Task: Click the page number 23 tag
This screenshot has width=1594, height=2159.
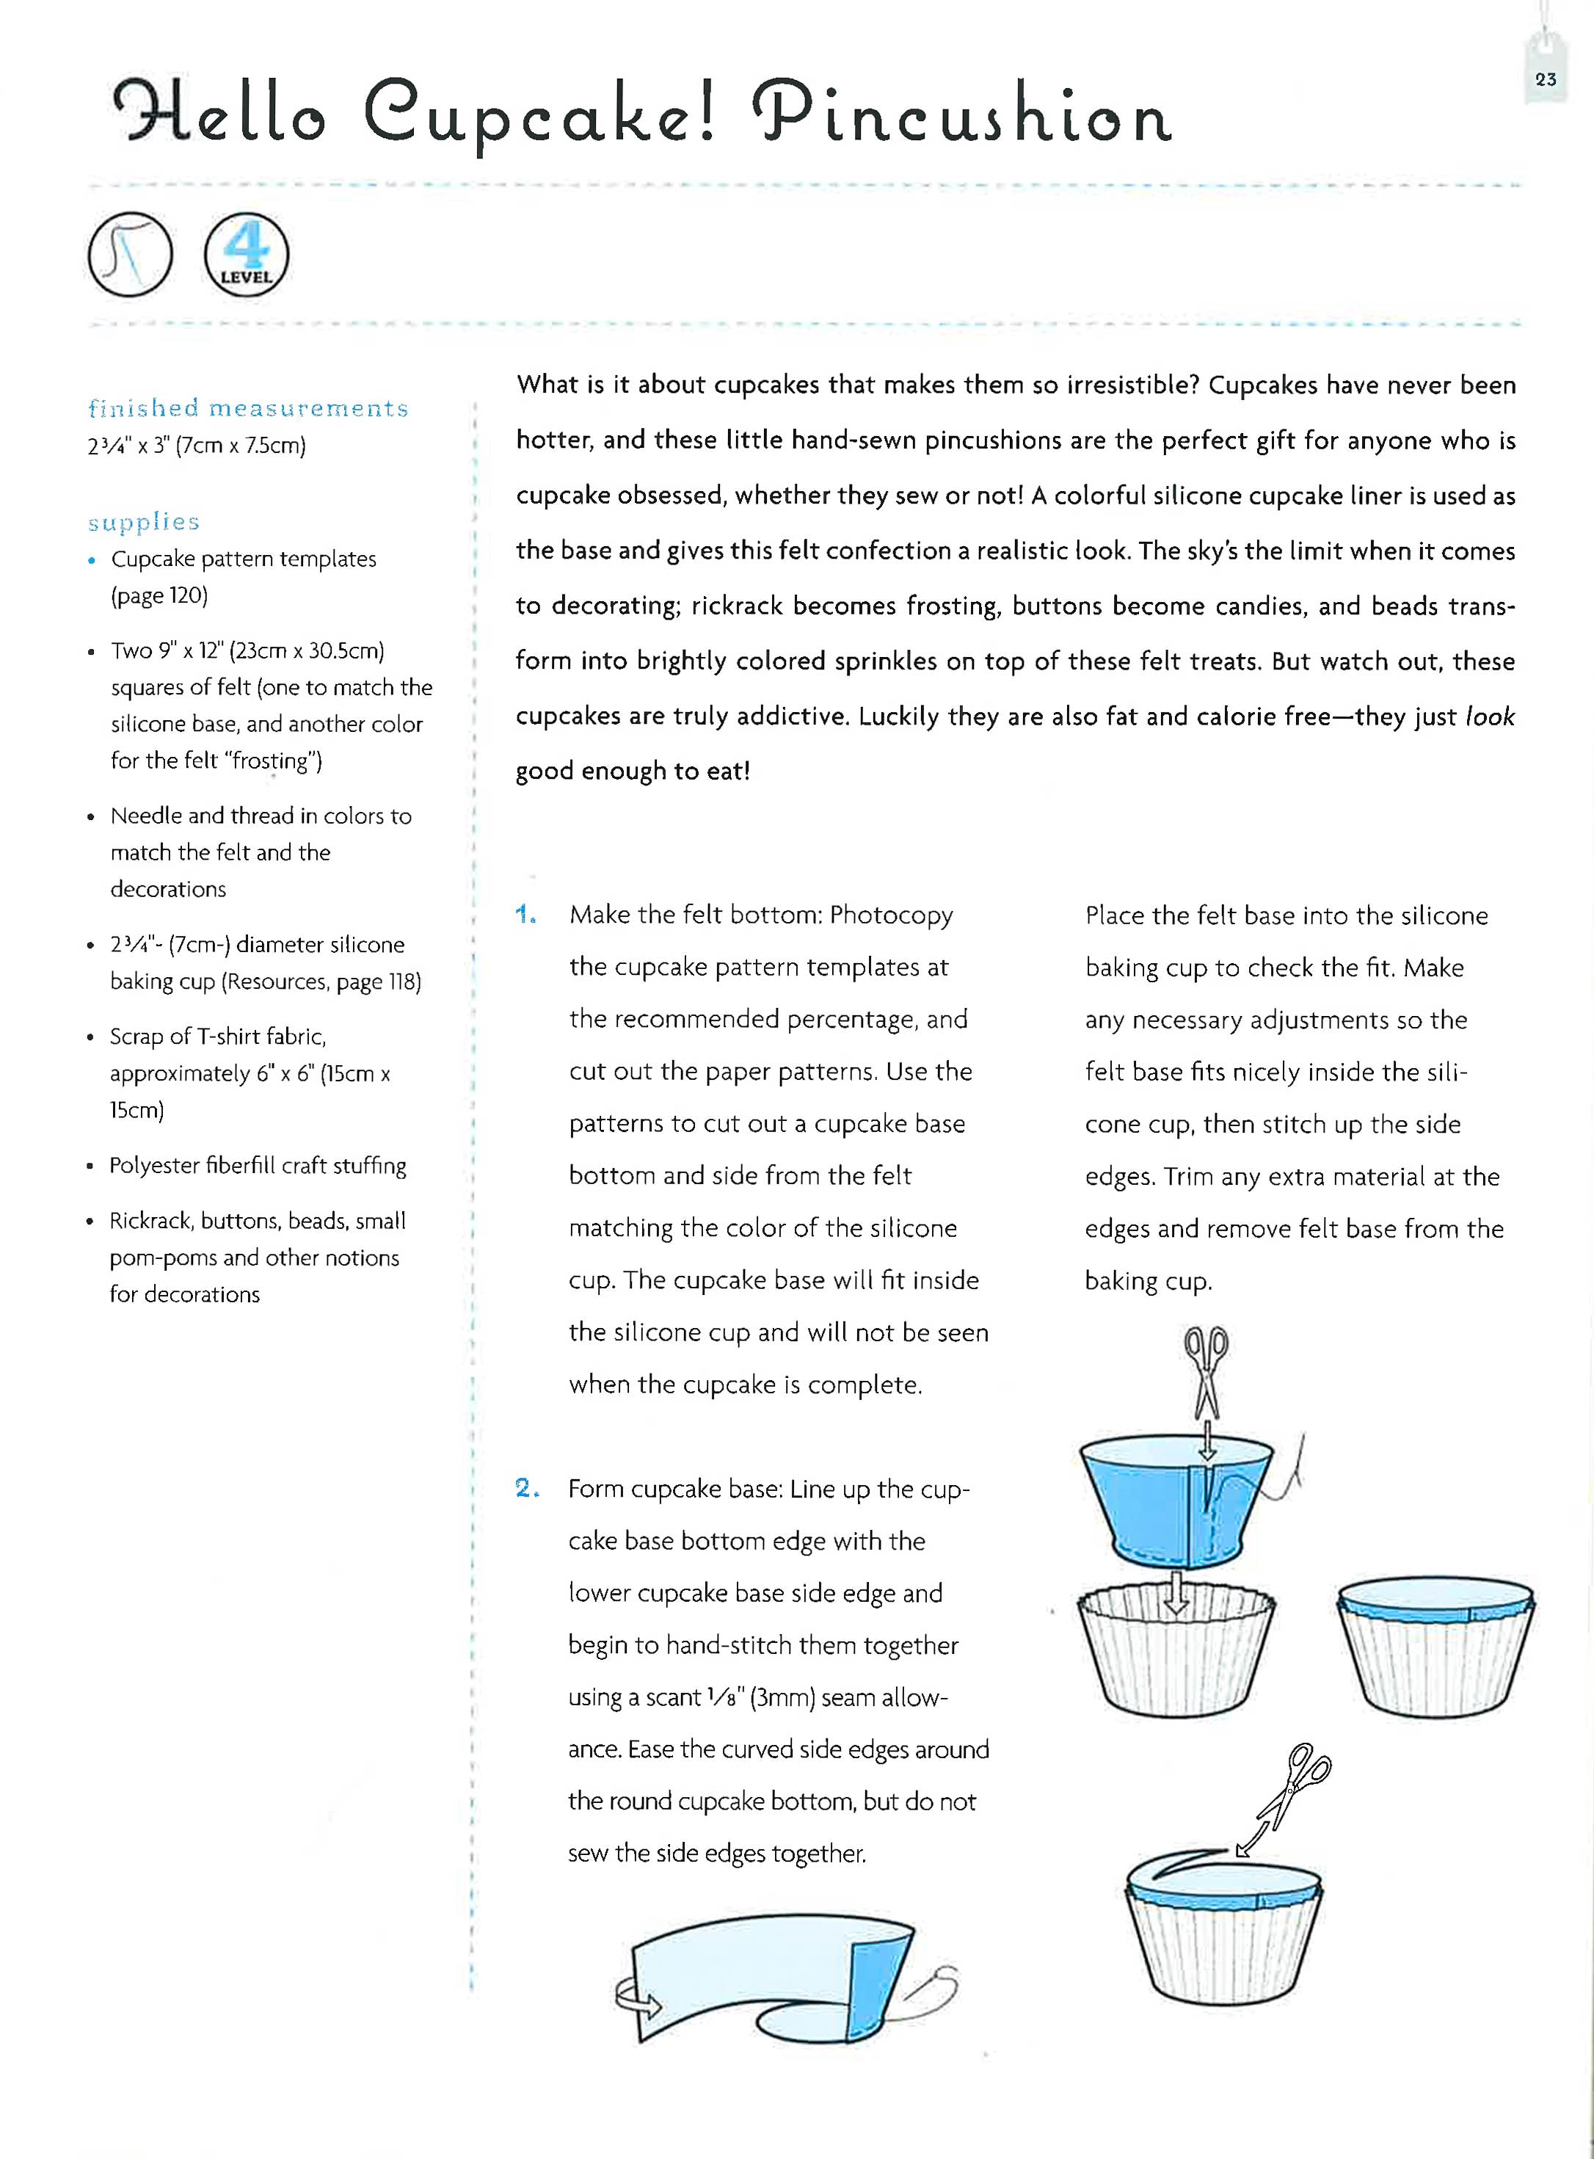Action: point(1545,80)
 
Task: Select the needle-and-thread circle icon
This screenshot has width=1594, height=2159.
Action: point(130,255)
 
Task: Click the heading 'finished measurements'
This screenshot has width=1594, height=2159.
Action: point(248,408)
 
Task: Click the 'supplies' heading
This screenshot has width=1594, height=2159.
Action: point(144,522)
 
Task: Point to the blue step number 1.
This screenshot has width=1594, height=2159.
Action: point(526,914)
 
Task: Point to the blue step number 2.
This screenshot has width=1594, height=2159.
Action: point(527,1487)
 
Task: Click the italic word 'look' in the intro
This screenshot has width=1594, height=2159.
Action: point(1489,716)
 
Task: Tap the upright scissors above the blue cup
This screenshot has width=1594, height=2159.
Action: point(1205,1370)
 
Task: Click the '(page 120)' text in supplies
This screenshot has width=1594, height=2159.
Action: point(159,595)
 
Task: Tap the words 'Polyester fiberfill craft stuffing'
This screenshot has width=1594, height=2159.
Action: point(258,1165)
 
